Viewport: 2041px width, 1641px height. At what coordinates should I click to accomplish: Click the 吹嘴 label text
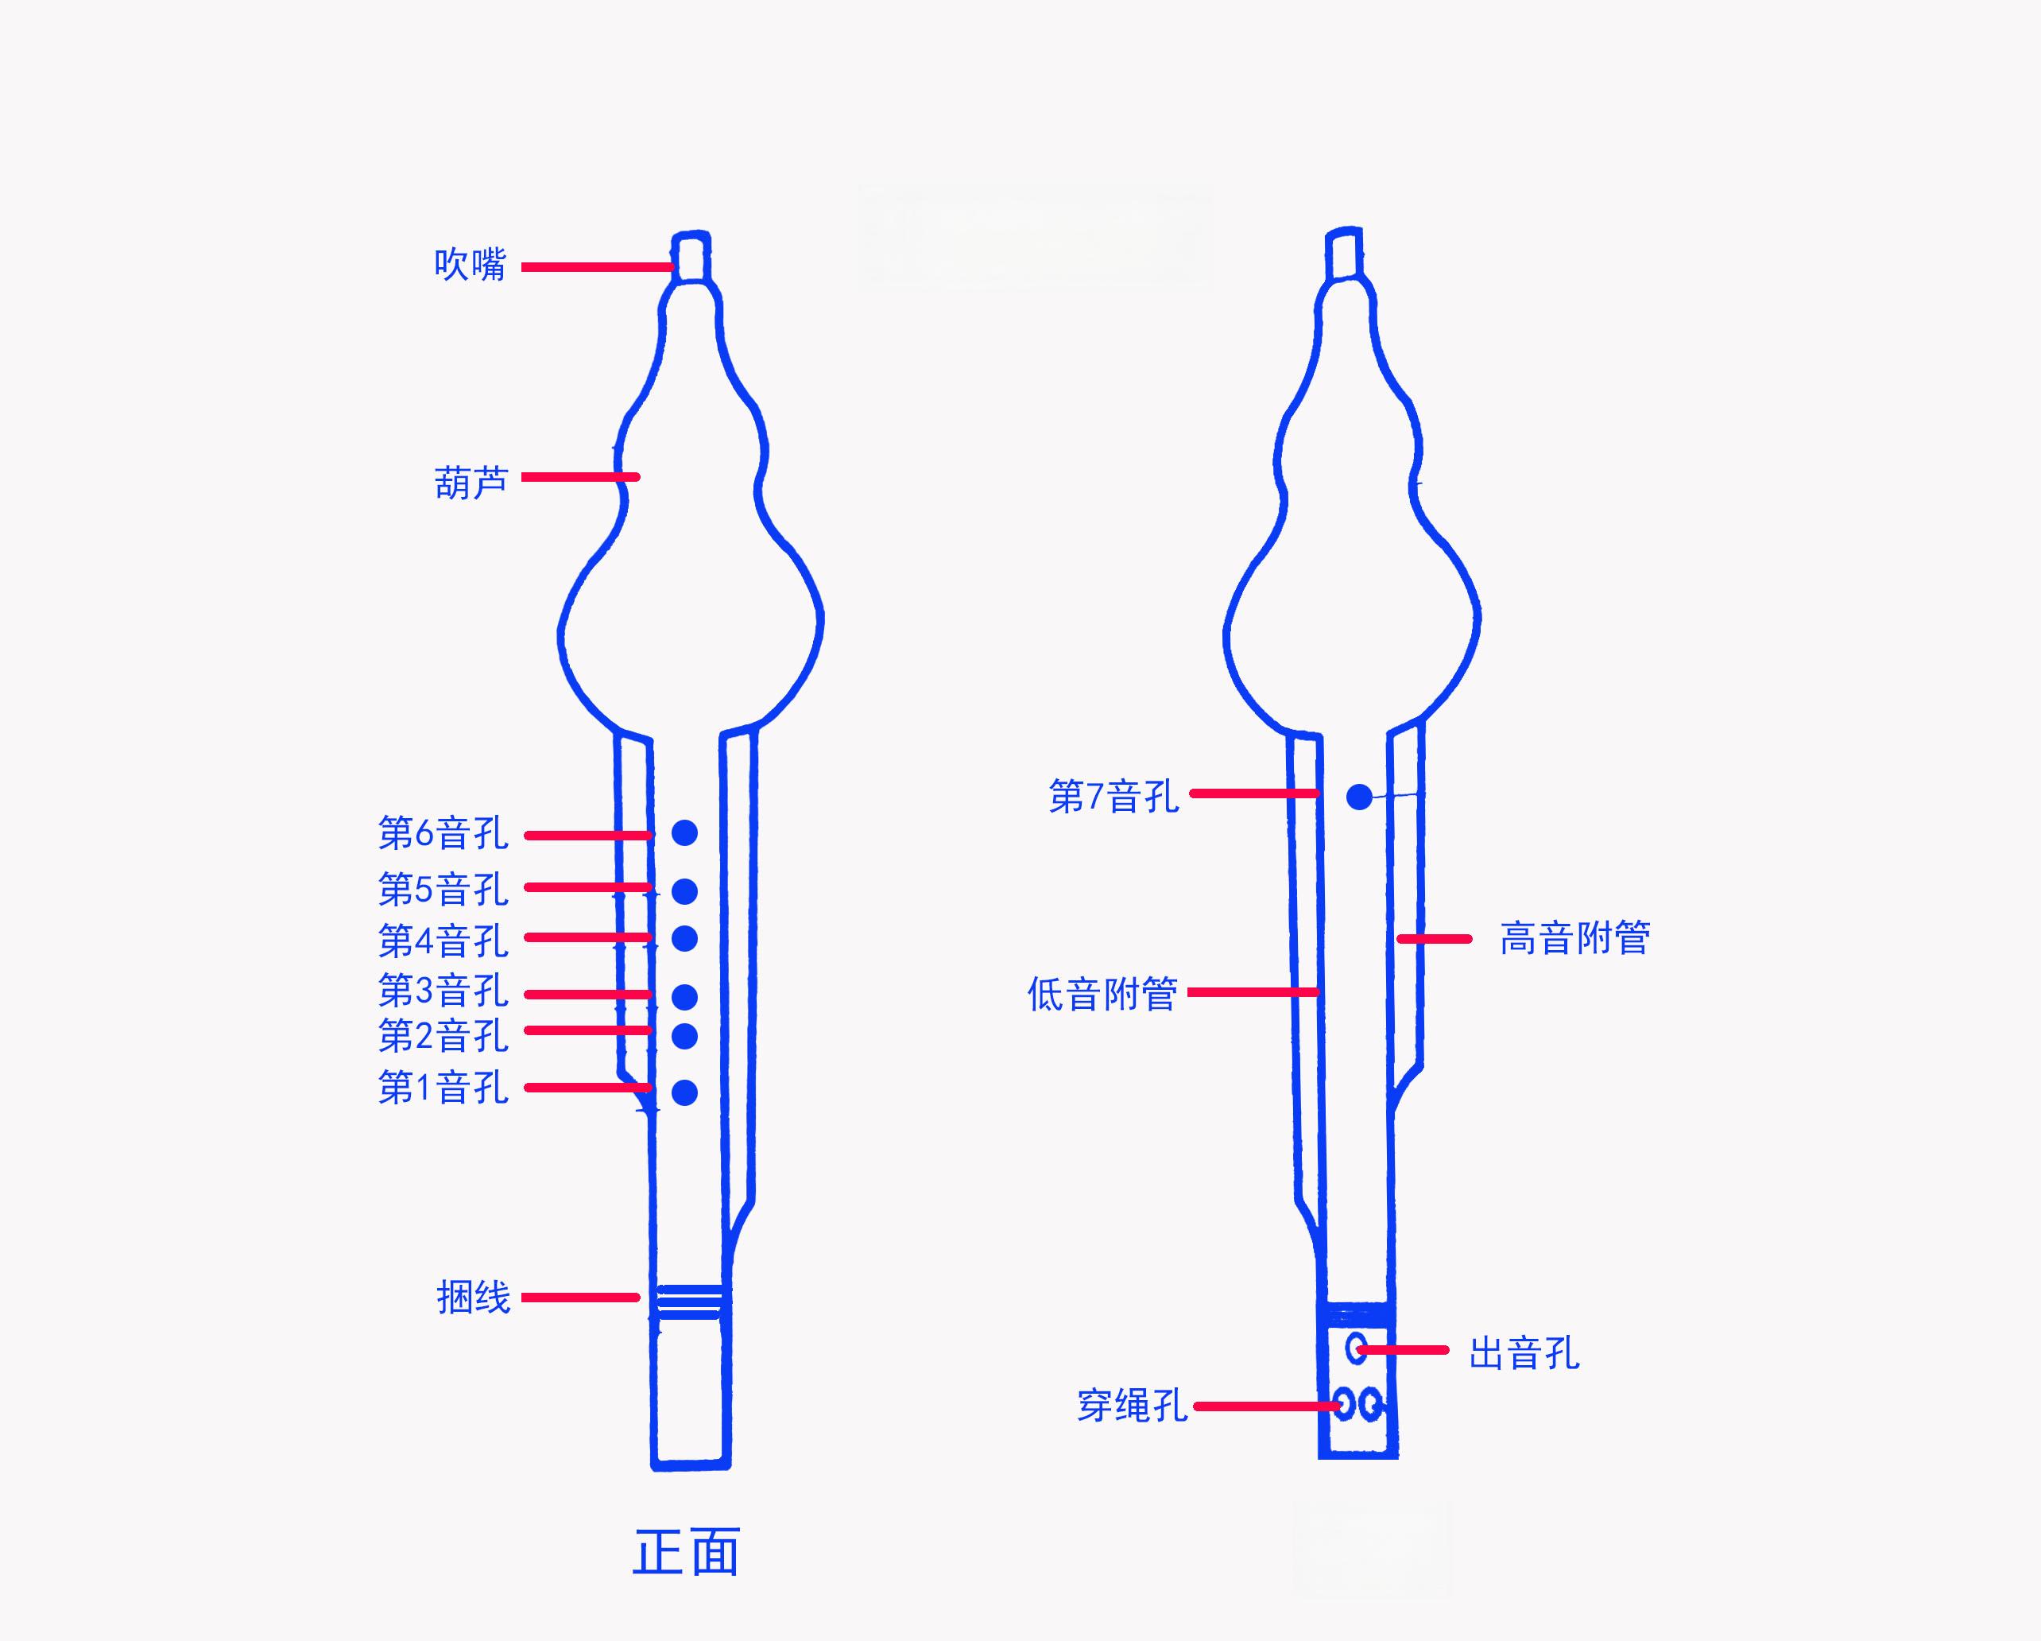click(x=471, y=264)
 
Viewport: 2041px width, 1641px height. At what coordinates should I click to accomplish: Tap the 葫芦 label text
click(x=471, y=483)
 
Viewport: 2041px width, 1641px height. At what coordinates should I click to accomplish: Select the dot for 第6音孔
click(x=684, y=832)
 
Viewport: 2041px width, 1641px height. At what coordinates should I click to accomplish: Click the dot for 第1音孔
click(x=684, y=1092)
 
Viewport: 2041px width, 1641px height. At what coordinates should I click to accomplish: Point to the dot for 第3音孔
click(x=684, y=996)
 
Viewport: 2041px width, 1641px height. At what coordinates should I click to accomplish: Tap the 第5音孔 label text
click(x=443, y=889)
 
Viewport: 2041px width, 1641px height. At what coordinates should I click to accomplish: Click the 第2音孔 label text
click(x=443, y=1036)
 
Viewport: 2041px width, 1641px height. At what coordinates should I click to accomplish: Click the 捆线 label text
click(x=474, y=1298)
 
